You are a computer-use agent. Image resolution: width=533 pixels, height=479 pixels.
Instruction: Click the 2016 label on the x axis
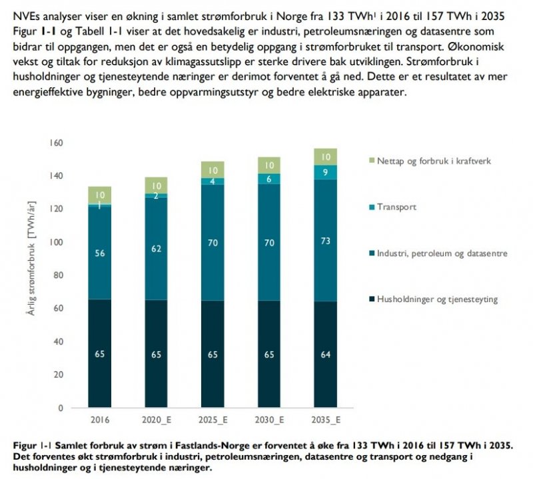click(x=99, y=420)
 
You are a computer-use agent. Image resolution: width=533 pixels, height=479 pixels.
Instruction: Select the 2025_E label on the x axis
click(x=213, y=420)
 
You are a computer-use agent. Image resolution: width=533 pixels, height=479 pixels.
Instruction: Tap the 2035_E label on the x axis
click(x=326, y=420)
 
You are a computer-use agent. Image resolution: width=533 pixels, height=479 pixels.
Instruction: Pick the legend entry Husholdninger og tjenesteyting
click(x=436, y=299)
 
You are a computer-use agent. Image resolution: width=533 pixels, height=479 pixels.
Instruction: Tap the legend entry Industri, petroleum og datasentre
click(x=442, y=253)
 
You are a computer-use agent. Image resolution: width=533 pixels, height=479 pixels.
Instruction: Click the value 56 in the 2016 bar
click(x=99, y=253)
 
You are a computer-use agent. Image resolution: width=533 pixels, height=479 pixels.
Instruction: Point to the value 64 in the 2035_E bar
click(x=326, y=354)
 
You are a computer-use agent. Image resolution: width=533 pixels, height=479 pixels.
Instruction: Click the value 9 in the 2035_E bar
click(x=326, y=172)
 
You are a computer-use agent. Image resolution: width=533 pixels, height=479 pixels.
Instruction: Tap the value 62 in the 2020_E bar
click(x=156, y=248)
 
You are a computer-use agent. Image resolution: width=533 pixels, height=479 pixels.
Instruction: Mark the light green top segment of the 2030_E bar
click(x=270, y=165)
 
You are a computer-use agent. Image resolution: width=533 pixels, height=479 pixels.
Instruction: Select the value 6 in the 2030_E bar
click(x=270, y=179)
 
